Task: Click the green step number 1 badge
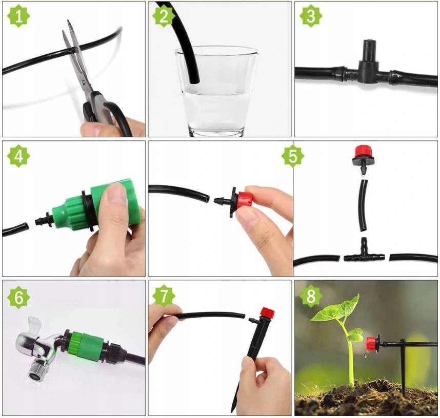(x=18, y=16)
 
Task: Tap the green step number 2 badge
(x=164, y=16)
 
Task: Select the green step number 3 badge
(x=311, y=16)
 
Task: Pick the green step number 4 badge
(x=18, y=156)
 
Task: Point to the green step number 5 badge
(x=293, y=156)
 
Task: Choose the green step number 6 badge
(x=18, y=297)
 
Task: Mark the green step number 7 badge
(x=164, y=296)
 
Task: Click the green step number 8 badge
(x=311, y=296)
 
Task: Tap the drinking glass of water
(x=216, y=91)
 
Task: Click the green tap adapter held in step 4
(x=95, y=205)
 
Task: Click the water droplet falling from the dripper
(x=365, y=356)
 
